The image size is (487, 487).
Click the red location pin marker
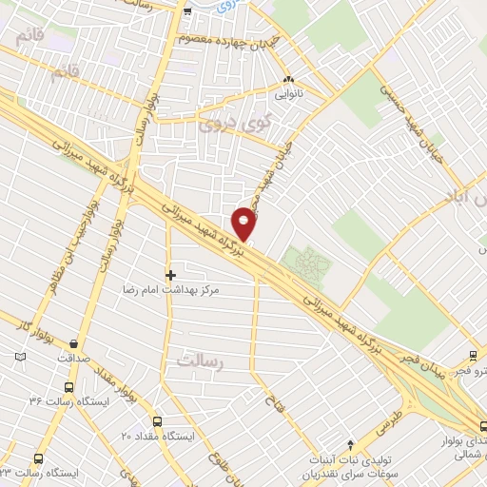tap(244, 223)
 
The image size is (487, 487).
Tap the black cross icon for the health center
tap(170, 275)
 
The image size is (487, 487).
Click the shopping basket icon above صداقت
tap(73, 344)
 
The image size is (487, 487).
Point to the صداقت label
tap(73, 359)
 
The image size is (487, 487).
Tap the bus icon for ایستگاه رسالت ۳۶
tap(68, 387)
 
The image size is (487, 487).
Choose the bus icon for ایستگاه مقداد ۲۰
tap(157, 421)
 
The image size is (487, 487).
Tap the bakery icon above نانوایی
tap(289, 81)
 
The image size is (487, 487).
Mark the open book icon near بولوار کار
tap(21, 358)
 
